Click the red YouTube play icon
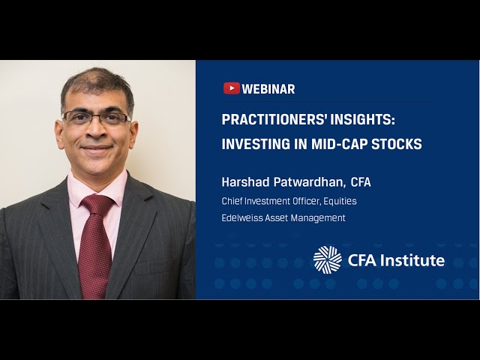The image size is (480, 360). click(231, 88)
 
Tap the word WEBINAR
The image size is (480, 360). click(268, 89)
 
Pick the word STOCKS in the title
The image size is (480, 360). click(397, 144)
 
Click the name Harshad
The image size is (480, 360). click(244, 182)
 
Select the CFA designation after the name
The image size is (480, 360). click(361, 182)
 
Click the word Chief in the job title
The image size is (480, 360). click(232, 201)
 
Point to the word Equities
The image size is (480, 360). click(338, 201)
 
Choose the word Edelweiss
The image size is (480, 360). click(241, 217)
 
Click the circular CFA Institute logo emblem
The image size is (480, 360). click(327, 259)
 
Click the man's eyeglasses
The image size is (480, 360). click(96, 118)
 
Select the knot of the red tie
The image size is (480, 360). click(97, 204)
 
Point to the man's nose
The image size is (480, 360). click(96, 130)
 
